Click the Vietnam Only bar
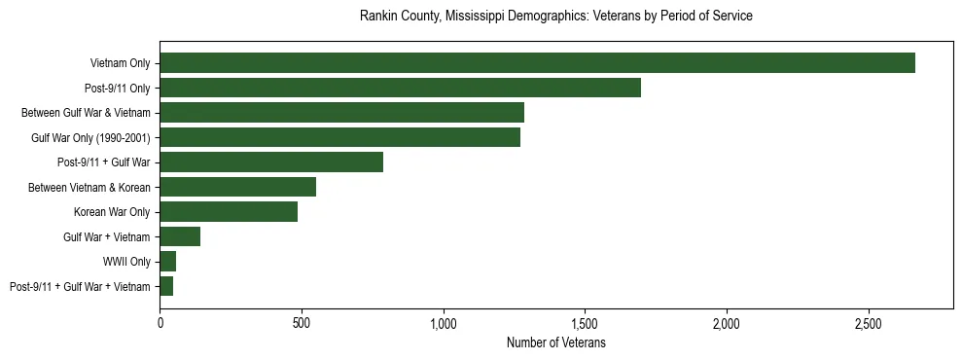click(x=537, y=63)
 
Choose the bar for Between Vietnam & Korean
click(x=237, y=187)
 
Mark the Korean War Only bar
click(x=229, y=212)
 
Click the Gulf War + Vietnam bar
click(x=180, y=236)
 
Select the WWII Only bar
click(x=167, y=262)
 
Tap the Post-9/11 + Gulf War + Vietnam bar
click(x=166, y=286)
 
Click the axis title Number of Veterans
click(x=556, y=342)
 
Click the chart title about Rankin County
click(x=556, y=17)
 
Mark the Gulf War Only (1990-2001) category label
click(x=90, y=137)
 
